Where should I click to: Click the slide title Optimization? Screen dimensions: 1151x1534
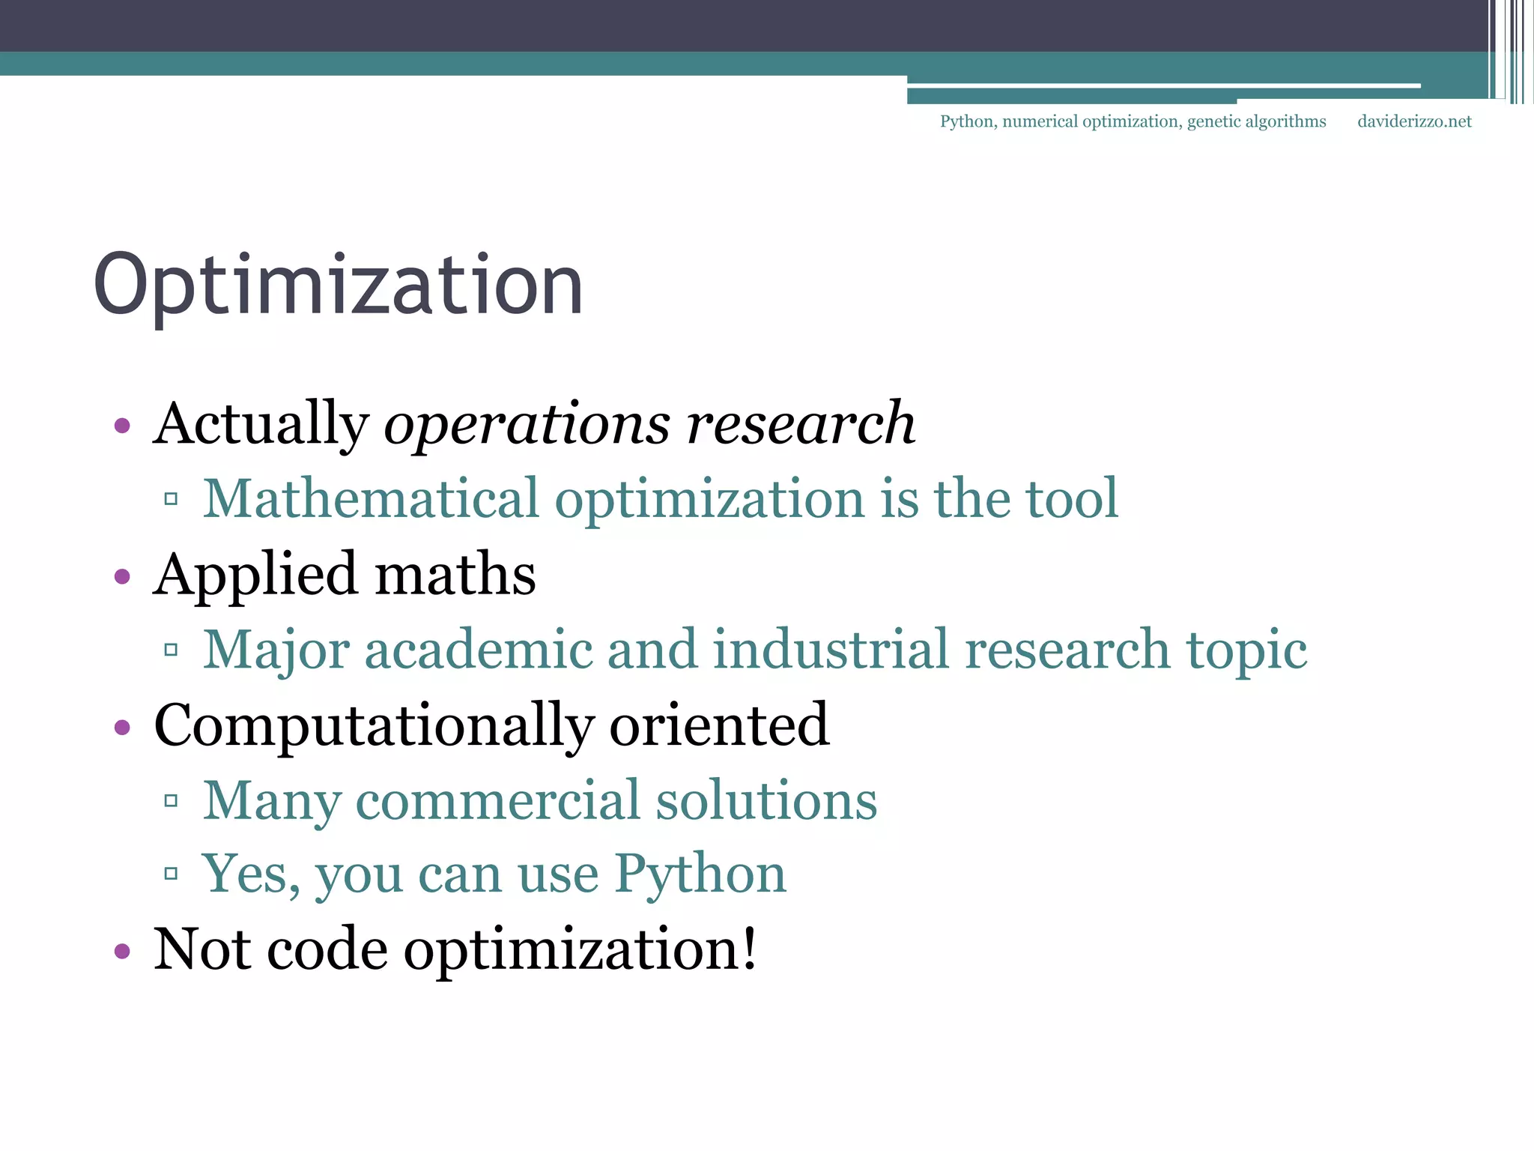[x=339, y=286]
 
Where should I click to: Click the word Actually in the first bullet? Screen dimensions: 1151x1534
[x=261, y=424]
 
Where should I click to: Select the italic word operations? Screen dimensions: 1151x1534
[x=527, y=424]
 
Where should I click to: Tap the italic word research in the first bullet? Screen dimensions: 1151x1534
[x=801, y=424]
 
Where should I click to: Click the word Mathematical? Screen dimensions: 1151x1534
[x=372, y=499]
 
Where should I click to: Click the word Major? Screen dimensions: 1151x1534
[x=276, y=650]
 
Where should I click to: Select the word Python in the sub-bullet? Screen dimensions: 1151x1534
[x=700, y=874]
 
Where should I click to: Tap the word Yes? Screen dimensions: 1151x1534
[x=251, y=874]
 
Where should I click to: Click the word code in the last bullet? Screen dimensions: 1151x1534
[x=327, y=949]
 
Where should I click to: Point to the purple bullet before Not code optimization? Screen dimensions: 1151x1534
[x=122, y=952]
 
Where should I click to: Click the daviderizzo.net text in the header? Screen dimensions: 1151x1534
[x=1414, y=121]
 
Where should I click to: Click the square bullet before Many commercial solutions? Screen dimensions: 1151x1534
[x=171, y=801]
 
